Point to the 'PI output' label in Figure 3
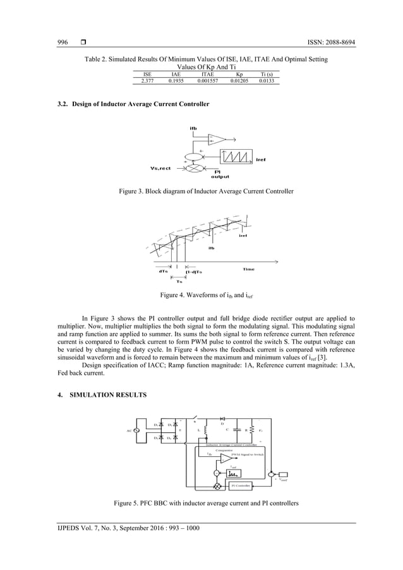[x=219, y=174]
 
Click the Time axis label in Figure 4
[x=248, y=269]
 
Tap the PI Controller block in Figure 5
[x=240, y=485]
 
